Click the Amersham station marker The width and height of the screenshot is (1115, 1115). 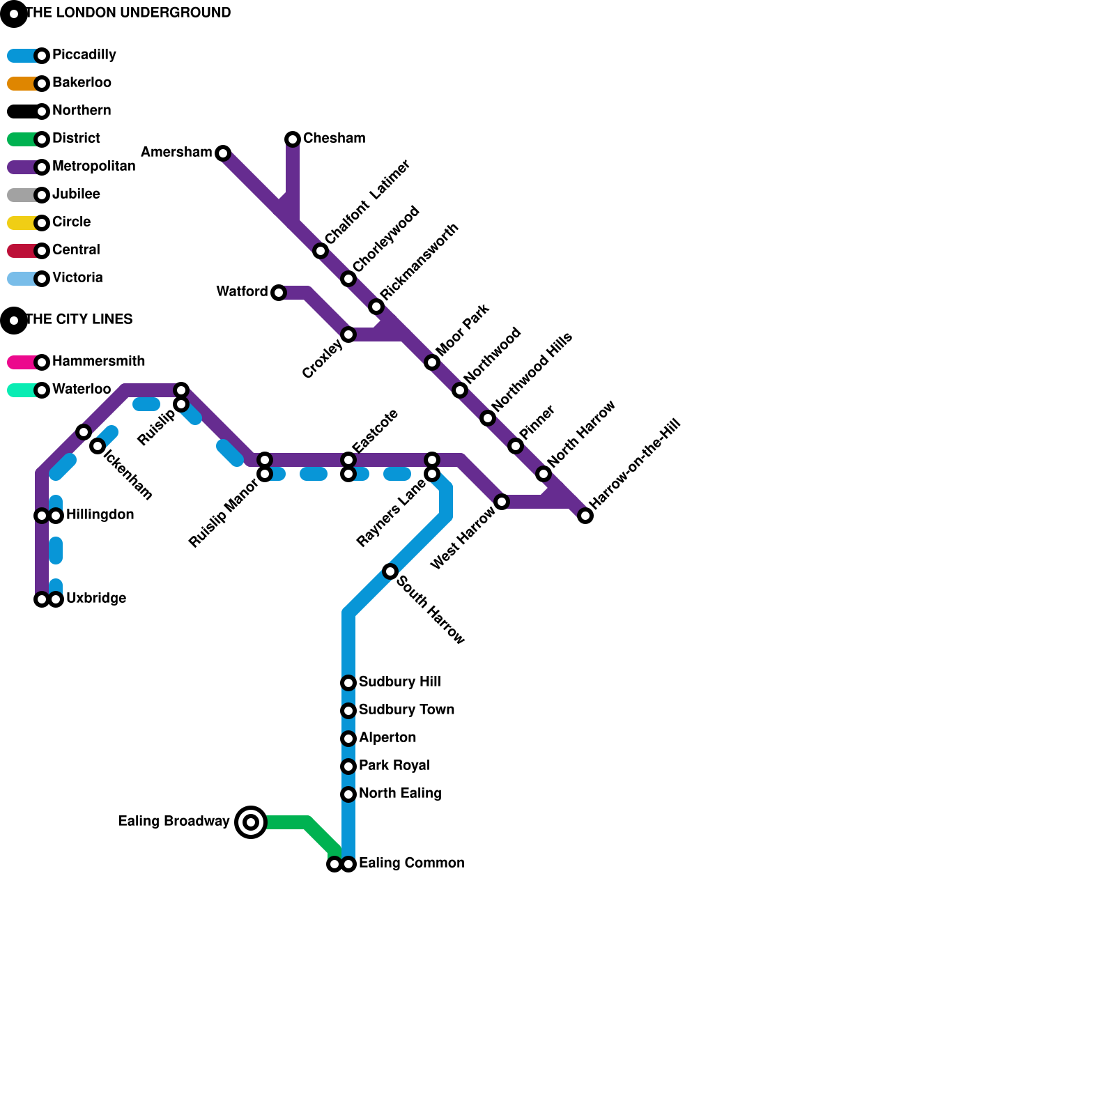point(223,153)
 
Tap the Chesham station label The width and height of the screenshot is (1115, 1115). point(334,139)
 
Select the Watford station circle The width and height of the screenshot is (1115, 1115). point(279,293)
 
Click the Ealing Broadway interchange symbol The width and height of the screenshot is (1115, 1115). point(251,822)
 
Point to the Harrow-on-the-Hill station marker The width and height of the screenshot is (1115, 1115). point(585,516)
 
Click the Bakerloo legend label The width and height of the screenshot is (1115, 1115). point(82,83)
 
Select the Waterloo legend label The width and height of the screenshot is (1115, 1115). point(82,390)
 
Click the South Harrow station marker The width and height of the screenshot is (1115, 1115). point(390,571)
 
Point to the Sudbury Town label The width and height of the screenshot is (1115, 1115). point(406,710)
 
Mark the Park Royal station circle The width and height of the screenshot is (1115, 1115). point(348,767)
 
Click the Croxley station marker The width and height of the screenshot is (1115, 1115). point(348,334)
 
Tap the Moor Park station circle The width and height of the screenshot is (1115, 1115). point(432,362)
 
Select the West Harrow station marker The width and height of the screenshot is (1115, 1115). point(502,502)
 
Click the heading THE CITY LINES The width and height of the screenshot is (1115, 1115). point(78,320)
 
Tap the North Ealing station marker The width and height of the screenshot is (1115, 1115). point(348,794)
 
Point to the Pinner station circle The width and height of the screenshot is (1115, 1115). point(516,446)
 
